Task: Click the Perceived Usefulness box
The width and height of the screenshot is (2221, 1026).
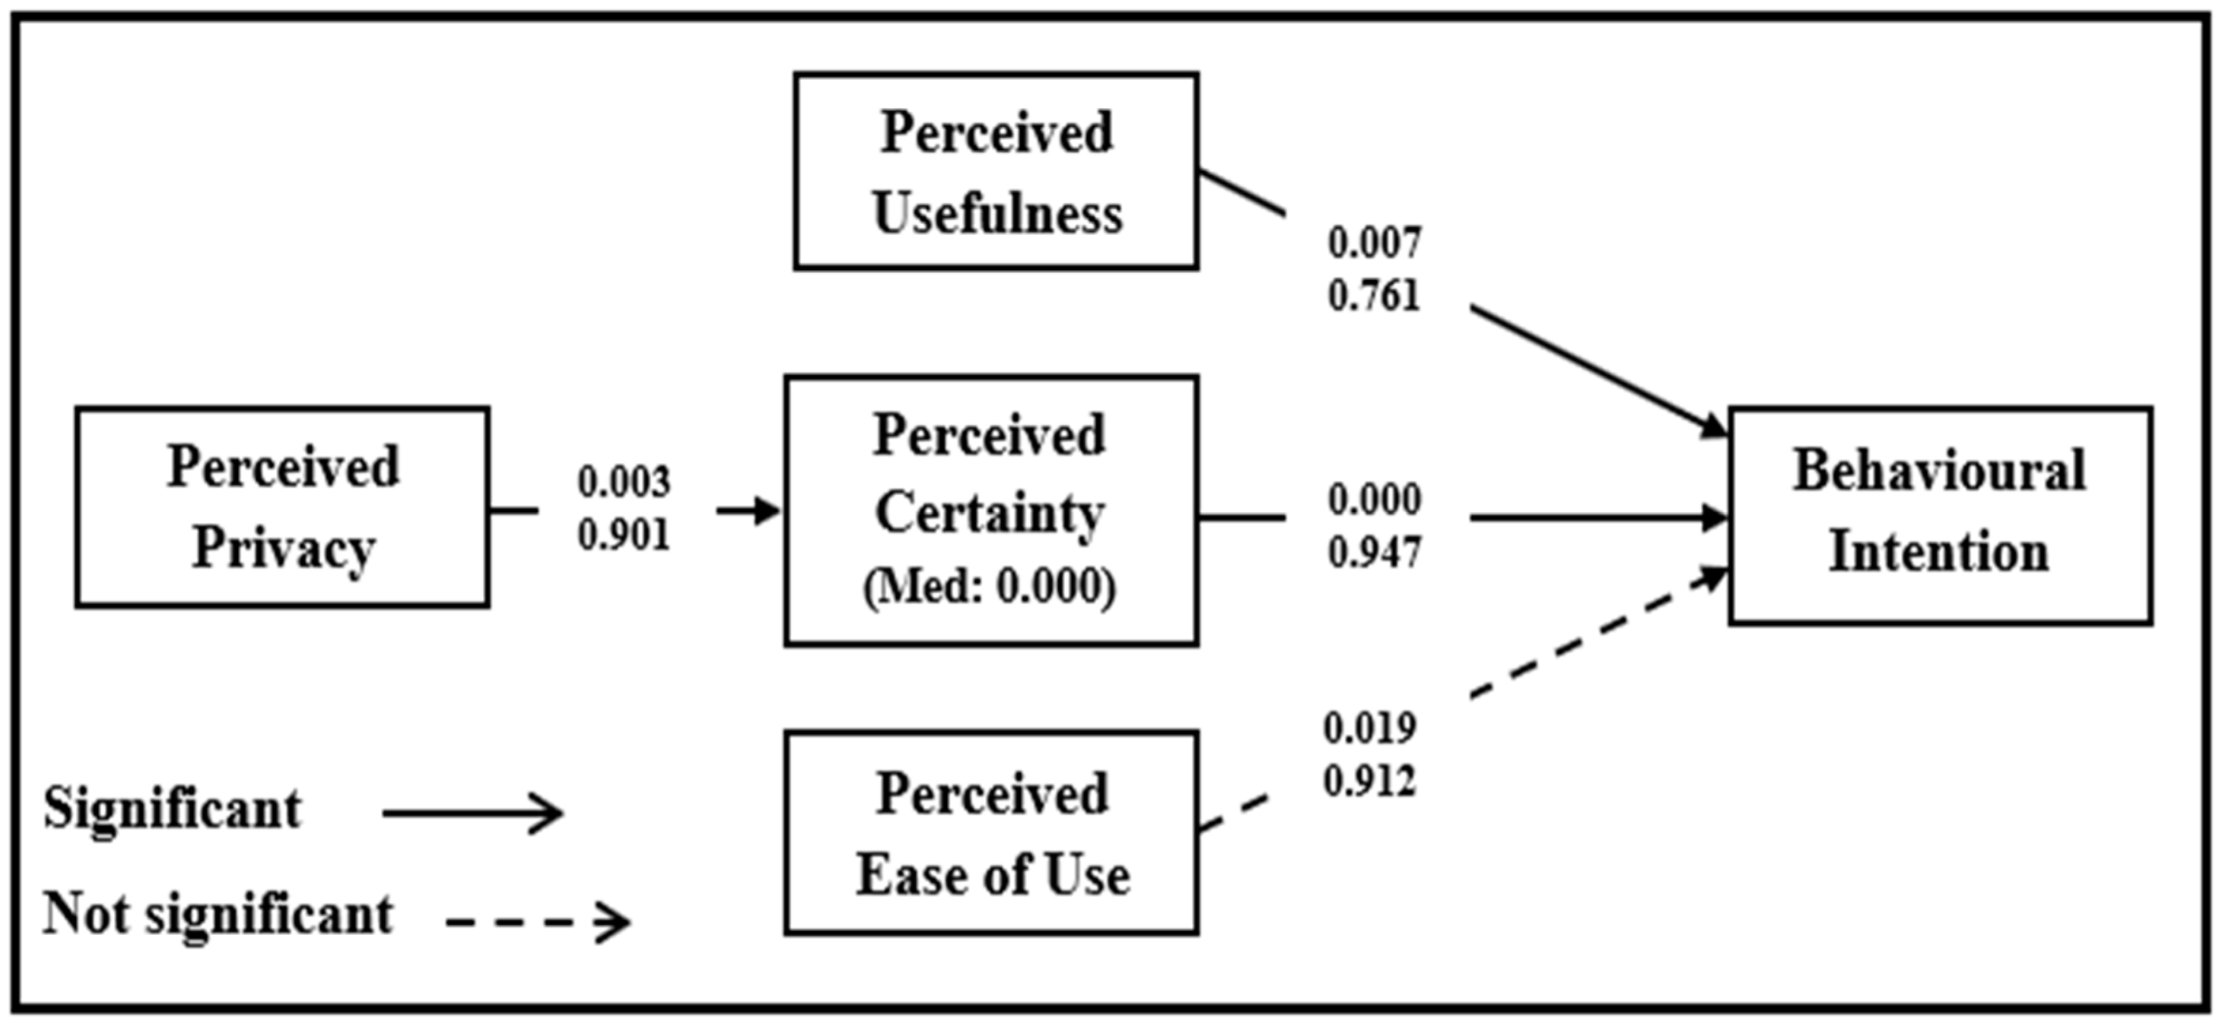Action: point(996,171)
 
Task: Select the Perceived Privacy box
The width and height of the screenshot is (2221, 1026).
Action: point(283,507)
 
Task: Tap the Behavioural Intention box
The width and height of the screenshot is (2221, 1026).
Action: point(1939,515)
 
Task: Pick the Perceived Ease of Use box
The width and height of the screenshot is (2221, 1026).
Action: point(991,833)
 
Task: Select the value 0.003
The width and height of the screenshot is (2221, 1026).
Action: point(623,482)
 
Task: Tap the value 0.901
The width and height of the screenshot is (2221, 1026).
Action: point(623,535)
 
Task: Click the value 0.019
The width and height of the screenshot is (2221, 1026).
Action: point(1369,729)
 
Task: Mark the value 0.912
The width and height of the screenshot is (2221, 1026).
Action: point(1369,782)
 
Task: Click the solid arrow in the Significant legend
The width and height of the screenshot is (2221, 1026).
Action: point(472,813)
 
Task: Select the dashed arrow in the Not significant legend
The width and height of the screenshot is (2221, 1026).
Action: point(538,923)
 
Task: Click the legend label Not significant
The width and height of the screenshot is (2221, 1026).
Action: point(218,914)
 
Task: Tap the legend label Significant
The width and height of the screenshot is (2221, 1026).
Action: point(172,810)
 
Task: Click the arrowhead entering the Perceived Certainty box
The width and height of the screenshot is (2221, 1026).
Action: point(766,510)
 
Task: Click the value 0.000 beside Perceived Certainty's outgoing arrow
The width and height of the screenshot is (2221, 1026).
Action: point(1375,500)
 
